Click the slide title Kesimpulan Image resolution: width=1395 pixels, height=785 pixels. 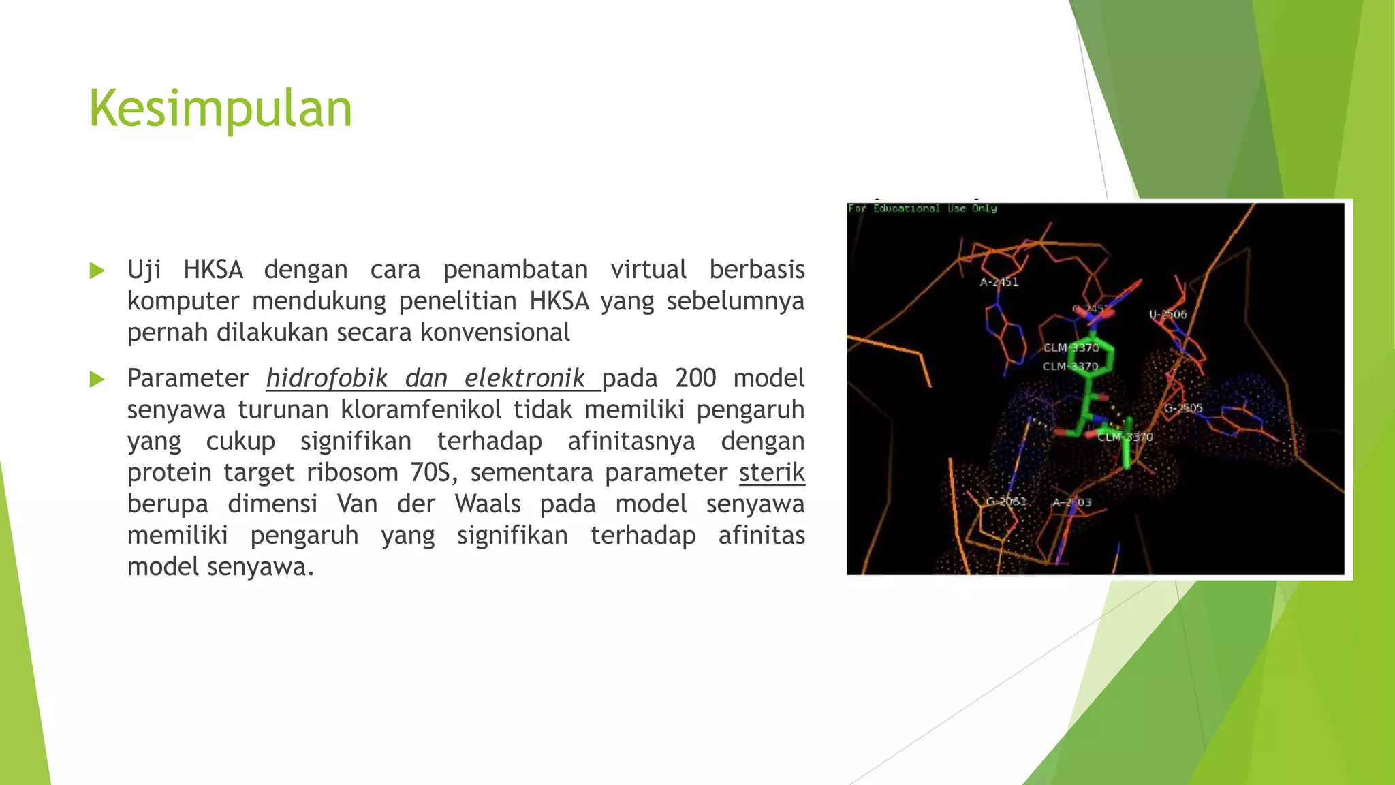[220, 109]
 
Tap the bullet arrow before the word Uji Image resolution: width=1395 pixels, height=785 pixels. [97, 271]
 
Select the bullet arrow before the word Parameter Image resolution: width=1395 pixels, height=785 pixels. [97, 380]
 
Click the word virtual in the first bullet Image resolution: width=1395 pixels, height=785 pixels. [648, 270]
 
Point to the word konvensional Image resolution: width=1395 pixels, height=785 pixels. [495, 333]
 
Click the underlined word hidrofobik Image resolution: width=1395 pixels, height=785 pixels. [326, 378]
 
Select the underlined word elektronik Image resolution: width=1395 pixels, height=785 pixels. [524, 378]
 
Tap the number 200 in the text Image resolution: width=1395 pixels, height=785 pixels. [695, 378]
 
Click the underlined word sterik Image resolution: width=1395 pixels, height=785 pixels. [772, 472]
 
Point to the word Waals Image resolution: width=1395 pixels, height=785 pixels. [488, 504]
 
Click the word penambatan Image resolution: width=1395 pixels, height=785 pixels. [516, 270]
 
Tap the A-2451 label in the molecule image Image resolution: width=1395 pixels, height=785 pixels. [999, 282]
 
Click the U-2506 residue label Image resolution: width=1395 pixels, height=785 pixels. [1167, 314]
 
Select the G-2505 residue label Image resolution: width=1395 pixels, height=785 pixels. [1183, 409]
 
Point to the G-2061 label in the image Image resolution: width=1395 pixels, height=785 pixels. [1006, 502]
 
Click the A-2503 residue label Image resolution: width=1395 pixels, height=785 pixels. [1071, 503]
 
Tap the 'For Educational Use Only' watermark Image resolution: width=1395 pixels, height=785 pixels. [922, 209]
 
